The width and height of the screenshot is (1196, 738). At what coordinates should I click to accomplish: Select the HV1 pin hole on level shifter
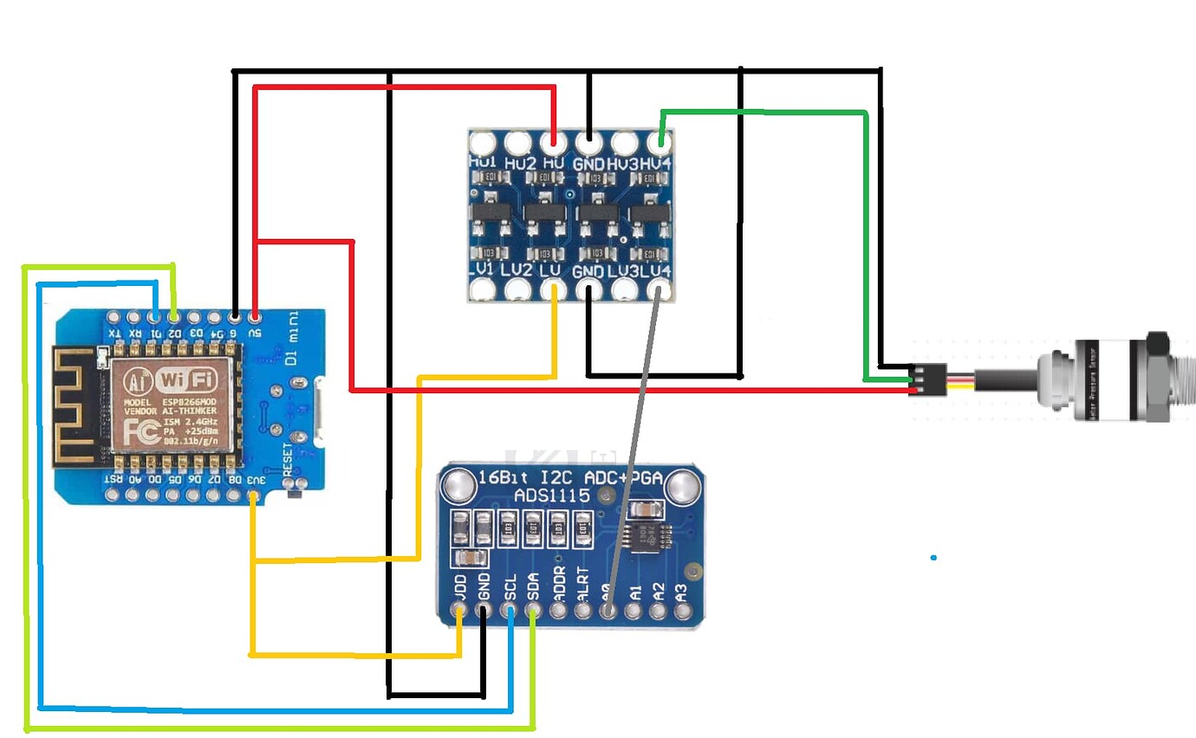pos(480,141)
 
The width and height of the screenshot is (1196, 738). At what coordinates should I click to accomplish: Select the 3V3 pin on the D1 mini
pos(253,496)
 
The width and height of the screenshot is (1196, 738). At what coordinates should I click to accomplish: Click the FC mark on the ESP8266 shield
pos(139,430)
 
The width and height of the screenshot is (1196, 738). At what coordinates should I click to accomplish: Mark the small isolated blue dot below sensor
pos(933,557)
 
